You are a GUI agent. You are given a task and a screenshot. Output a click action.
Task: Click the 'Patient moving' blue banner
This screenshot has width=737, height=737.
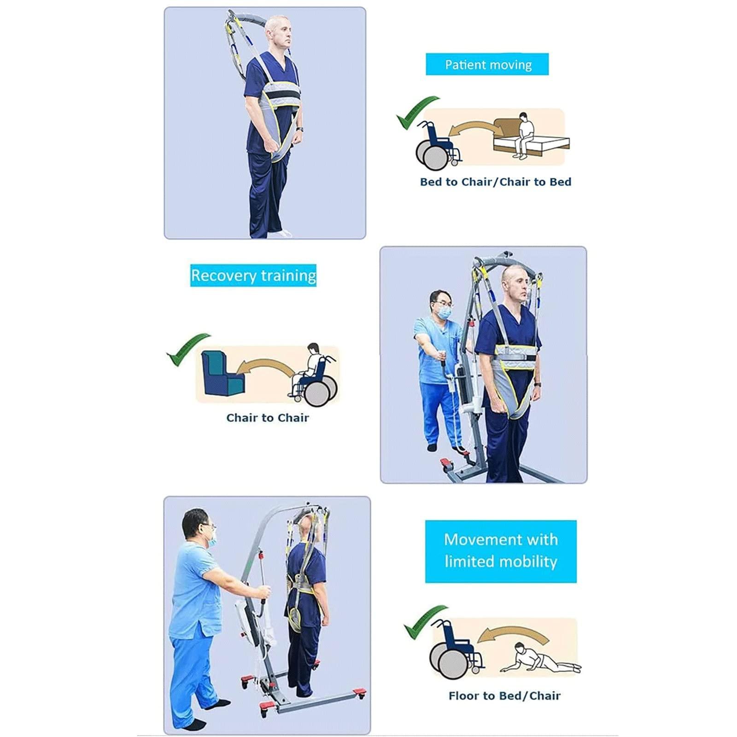(x=487, y=64)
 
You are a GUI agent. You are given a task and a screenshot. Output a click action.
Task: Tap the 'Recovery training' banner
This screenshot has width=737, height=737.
(x=253, y=275)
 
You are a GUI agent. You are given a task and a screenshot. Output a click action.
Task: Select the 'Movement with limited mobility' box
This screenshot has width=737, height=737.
(x=501, y=551)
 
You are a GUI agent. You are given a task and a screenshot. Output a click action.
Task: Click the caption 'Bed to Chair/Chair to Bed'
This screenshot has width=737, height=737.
(x=495, y=182)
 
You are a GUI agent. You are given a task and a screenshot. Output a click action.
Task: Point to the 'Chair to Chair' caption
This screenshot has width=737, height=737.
(x=267, y=418)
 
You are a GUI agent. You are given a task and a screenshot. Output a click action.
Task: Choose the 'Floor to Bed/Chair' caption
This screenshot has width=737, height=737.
(x=504, y=696)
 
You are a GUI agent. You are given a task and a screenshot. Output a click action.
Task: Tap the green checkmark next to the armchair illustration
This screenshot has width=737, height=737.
(x=187, y=348)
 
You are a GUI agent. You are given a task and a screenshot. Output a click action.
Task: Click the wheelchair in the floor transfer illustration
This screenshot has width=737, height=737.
(x=454, y=649)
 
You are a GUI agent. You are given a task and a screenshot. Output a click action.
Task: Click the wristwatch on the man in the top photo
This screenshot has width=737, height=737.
(x=300, y=130)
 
